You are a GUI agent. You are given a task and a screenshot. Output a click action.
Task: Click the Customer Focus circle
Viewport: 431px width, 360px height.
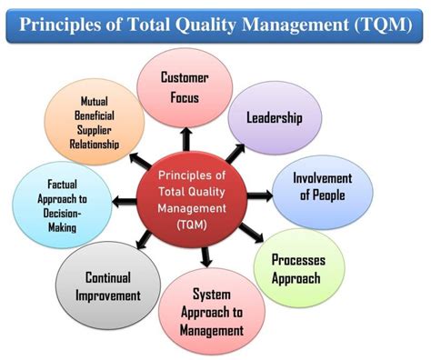185,85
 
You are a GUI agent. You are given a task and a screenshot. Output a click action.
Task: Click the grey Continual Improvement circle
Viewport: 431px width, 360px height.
108,285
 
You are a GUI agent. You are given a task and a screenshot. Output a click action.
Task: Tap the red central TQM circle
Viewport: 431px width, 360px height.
192,197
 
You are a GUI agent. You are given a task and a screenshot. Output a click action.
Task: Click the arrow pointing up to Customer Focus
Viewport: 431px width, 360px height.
185,137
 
